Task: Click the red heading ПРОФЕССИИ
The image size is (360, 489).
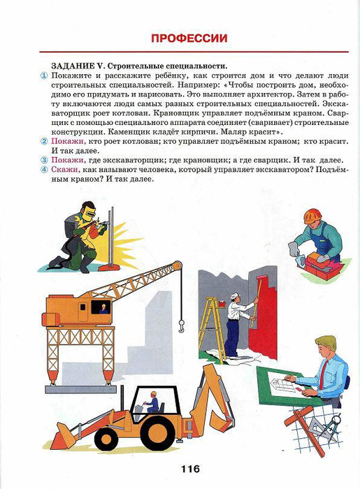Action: tap(189, 38)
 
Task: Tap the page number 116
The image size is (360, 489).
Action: tap(190, 468)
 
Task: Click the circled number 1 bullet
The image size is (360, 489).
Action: tap(44, 75)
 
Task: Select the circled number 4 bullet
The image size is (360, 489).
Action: tap(44, 170)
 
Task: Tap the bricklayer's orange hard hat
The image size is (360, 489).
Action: tap(312, 216)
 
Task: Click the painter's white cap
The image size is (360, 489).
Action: tap(235, 295)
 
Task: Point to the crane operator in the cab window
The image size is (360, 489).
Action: tap(103, 309)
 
